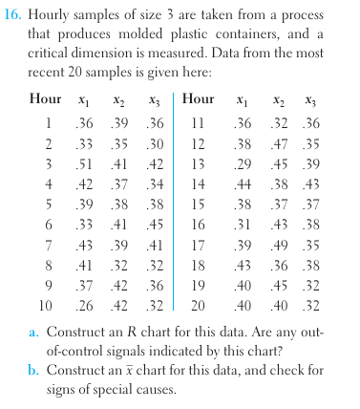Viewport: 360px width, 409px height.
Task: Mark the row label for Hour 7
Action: pos(46,246)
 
